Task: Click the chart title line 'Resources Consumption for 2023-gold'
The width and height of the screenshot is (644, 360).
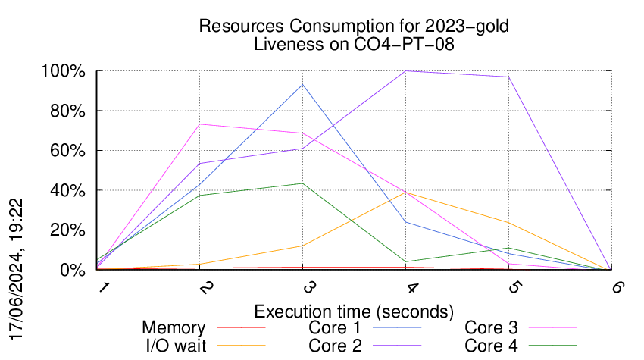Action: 353,26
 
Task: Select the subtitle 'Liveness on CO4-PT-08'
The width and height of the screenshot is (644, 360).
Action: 353,44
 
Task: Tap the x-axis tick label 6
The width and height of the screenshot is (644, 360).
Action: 618,286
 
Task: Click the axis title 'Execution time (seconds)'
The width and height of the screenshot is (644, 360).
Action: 354,311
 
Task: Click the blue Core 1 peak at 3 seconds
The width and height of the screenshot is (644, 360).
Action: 302,85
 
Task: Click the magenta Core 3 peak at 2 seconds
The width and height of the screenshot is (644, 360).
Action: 200,124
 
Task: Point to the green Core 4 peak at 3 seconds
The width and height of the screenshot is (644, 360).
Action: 302,183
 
